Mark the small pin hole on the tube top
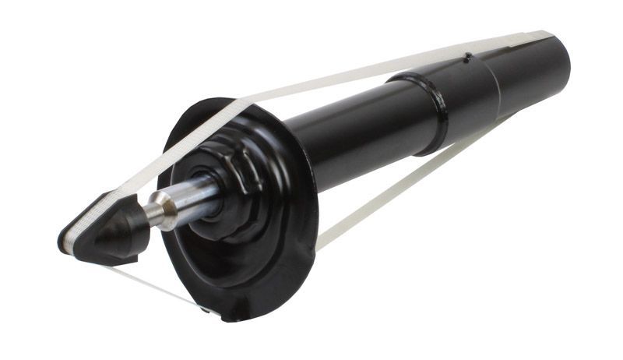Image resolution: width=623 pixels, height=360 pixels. point(466,57)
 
